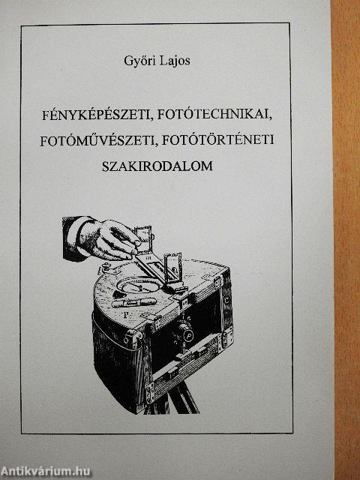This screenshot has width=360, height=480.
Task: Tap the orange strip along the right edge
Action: (346, 240)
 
